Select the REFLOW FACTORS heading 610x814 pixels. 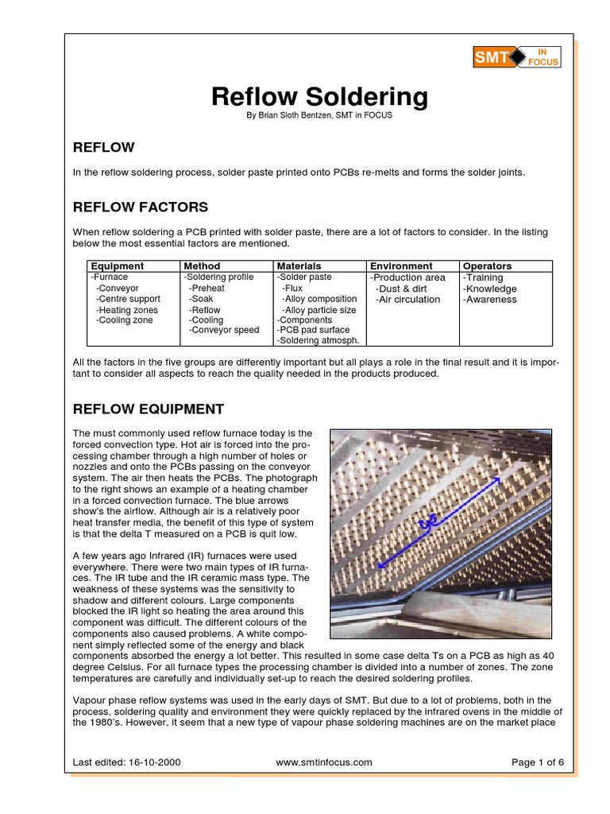coord(140,207)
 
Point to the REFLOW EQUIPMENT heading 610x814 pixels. coord(149,409)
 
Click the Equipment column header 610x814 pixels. coord(117,266)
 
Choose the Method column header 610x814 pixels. coord(202,266)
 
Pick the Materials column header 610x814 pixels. coord(299,266)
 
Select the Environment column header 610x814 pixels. coord(400,266)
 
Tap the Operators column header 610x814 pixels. coord(487,266)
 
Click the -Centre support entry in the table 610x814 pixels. coord(127,299)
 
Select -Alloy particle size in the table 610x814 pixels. coord(319,310)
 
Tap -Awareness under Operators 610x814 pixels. coord(489,300)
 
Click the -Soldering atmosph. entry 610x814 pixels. coord(317,340)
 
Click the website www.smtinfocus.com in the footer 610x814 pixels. coord(323,762)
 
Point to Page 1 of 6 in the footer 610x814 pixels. coord(538,762)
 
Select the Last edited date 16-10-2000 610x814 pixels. coord(154,762)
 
